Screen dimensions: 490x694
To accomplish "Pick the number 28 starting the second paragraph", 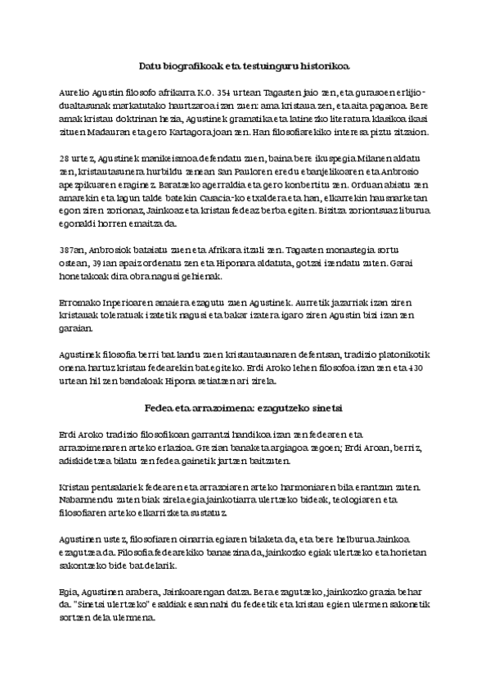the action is (65, 157).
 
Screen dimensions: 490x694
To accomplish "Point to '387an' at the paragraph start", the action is (71, 247).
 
